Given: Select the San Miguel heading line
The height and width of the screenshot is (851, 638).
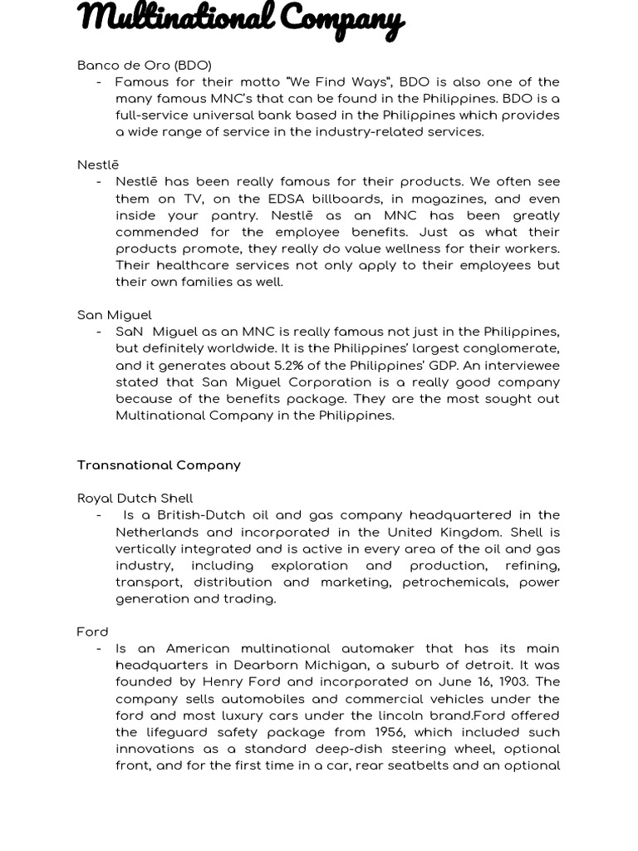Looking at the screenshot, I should pos(114,315).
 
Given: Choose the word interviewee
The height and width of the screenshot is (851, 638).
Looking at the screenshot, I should pos(521,365).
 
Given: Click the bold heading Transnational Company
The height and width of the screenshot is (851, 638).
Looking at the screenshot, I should pos(159,465).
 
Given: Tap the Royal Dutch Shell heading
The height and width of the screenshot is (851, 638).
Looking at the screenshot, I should pos(135,499).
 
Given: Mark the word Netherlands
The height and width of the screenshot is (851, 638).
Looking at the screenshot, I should pos(156,532).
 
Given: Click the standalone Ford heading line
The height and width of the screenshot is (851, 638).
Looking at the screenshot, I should pos(92,632).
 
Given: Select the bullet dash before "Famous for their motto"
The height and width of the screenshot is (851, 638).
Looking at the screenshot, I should pos(100,81).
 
